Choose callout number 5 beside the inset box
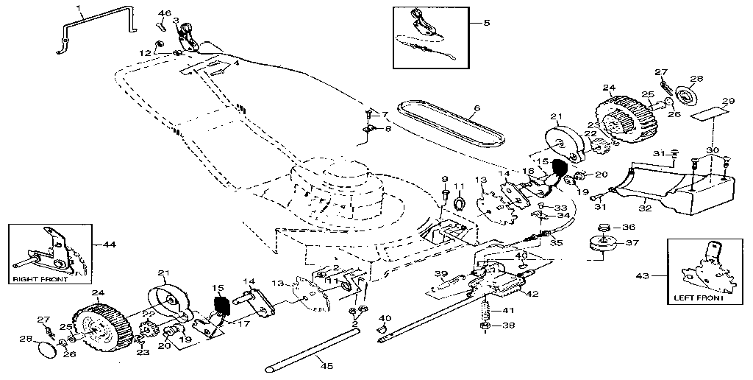point(486,23)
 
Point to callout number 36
point(629,227)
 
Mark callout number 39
point(440,274)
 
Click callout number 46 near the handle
point(165,14)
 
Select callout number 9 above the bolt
point(444,179)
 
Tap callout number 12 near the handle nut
point(145,52)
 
